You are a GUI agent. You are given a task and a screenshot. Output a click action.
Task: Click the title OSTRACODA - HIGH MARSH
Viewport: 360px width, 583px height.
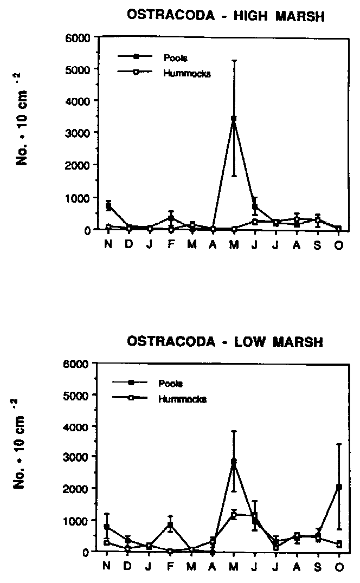pyautogui.click(x=225, y=17)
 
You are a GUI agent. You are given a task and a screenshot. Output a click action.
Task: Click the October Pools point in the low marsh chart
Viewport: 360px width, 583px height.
pyautogui.click(x=339, y=487)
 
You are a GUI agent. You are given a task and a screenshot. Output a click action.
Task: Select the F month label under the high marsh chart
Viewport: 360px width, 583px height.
pyautogui.click(x=171, y=243)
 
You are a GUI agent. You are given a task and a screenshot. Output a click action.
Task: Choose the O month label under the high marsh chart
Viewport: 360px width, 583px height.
pyautogui.click(x=339, y=243)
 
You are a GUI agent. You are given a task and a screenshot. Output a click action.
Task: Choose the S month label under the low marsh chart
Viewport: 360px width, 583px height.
pyautogui.click(x=318, y=565)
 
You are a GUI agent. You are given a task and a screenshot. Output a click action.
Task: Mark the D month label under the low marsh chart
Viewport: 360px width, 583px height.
pyautogui.click(x=129, y=565)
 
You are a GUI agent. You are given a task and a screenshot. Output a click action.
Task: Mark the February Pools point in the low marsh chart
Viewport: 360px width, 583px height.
pyautogui.click(x=170, y=524)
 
